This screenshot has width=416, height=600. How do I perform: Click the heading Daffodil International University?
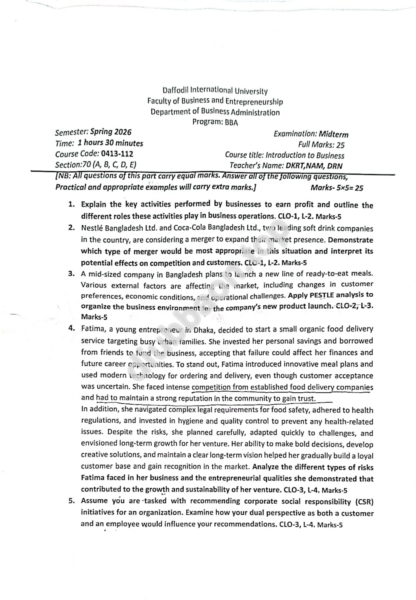[215, 91]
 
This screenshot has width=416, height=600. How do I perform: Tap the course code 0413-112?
[117, 154]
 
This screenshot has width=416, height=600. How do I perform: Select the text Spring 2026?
[111, 132]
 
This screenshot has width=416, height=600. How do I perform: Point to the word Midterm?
[333, 134]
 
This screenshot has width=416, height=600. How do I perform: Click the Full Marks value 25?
[340, 145]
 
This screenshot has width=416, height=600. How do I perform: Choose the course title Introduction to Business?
[305, 156]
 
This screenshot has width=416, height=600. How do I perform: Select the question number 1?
[71, 204]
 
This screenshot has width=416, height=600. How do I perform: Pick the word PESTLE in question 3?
[321, 295]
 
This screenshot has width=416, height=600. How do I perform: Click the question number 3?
[71, 274]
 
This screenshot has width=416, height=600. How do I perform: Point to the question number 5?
[71, 501]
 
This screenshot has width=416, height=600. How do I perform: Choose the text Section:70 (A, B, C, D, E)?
[96, 165]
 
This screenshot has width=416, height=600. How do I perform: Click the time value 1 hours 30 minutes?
[110, 143]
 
